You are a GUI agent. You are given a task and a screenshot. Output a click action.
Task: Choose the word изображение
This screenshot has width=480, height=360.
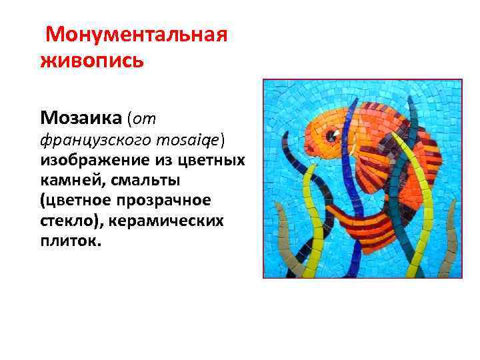click(x=89, y=161)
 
